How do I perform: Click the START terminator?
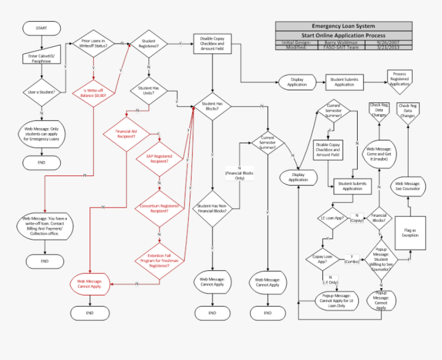[42, 28]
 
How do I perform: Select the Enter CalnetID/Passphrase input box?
[42, 58]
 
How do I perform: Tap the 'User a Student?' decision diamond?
[42, 92]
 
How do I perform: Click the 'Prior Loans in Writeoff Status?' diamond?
[93, 43]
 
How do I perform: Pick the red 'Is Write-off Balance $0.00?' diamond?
[93, 92]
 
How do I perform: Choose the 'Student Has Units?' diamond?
[149, 91]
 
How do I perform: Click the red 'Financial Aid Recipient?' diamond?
[126, 134]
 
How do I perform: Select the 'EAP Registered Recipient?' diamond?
[159, 158]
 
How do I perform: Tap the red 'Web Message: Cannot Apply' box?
[90, 283]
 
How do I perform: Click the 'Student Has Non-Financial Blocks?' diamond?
[212, 208]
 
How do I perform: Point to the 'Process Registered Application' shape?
[399, 78]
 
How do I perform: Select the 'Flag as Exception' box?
[410, 233]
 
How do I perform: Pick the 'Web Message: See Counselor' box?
[408, 186]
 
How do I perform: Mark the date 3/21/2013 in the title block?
[388, 47]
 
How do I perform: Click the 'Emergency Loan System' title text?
[343, 26]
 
